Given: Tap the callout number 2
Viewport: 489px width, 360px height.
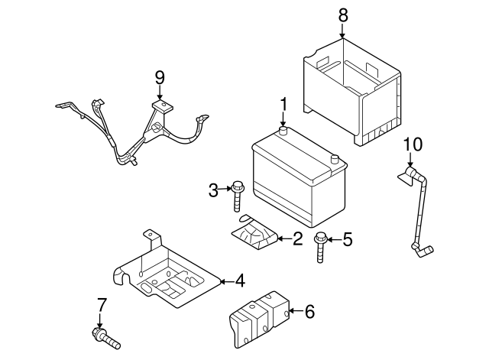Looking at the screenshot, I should coord(297,239).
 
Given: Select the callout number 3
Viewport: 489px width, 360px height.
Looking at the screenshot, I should coord(214,189).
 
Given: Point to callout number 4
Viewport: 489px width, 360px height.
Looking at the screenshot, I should coord(240,281).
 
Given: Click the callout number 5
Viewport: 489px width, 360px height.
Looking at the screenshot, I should coord(348,240).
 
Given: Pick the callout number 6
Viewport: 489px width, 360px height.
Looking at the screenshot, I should coord(309,311).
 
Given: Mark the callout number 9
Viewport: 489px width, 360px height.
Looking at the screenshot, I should coord(160,76).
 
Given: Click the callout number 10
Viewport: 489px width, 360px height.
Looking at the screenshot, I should coord(412,143).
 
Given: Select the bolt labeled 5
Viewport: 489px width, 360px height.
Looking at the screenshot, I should coord(321,248).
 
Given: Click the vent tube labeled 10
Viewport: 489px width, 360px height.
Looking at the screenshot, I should coord(419,210).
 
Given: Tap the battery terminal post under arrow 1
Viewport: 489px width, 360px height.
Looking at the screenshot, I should coord(283,132).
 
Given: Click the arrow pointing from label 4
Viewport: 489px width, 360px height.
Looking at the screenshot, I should coord(225,281).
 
